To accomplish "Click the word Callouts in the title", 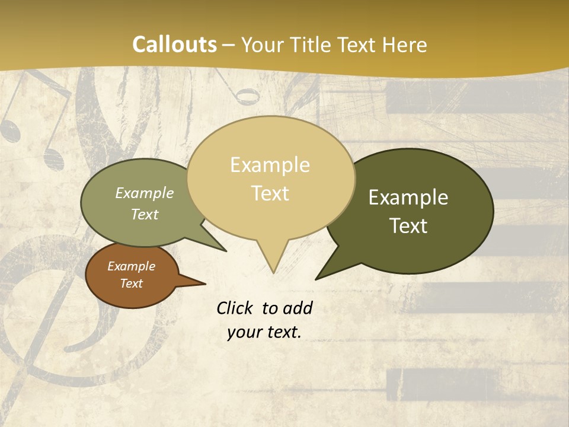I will pyautogui.click(x=174, y=44).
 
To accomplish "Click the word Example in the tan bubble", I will pyautogui.click(x=270, y=165).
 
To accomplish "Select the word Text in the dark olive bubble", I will pyautogui.click(x=408, y=226).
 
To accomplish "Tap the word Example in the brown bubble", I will pyautogui.click(x=131, y=266).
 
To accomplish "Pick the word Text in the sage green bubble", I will pyautogui.click(x=145, y=214).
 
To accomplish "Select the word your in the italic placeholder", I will pyautogui.click(x=244, y=333).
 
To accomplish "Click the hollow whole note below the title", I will pyautogui.click(x=247, y=95).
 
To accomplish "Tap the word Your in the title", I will pyautogui.click(x=263, y=44).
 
